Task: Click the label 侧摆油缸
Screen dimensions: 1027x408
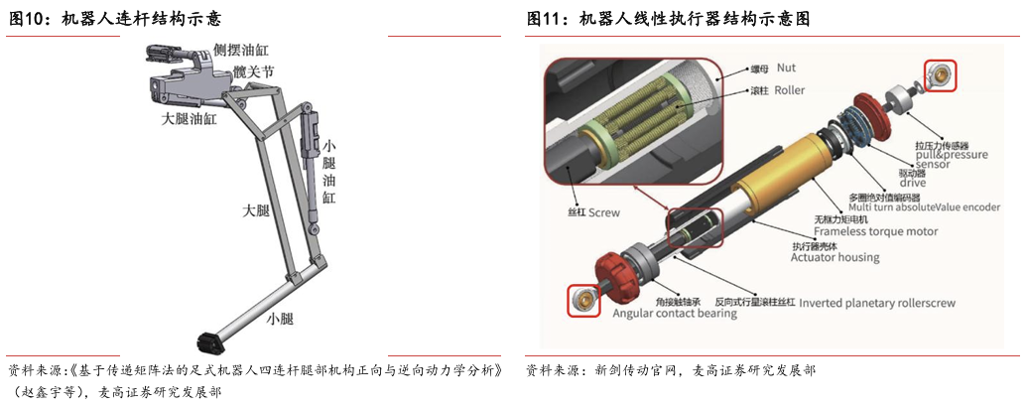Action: (241, 50)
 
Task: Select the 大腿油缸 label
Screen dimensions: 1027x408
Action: (189, 119)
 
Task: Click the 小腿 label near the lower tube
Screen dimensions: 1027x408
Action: (280, 319)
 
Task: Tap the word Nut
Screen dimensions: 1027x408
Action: (786, 68)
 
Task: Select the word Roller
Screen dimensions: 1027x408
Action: (789, 89)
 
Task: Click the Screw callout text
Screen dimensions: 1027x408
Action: (604, 212)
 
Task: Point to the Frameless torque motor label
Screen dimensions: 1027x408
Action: (876, 231)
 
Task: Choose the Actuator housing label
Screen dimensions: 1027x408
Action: (835, 257)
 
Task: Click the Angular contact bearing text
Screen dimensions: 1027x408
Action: (675, 313)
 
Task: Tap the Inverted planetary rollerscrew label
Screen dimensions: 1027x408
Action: (878, 303)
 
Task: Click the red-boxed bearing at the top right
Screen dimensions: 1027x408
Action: (941, 75)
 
